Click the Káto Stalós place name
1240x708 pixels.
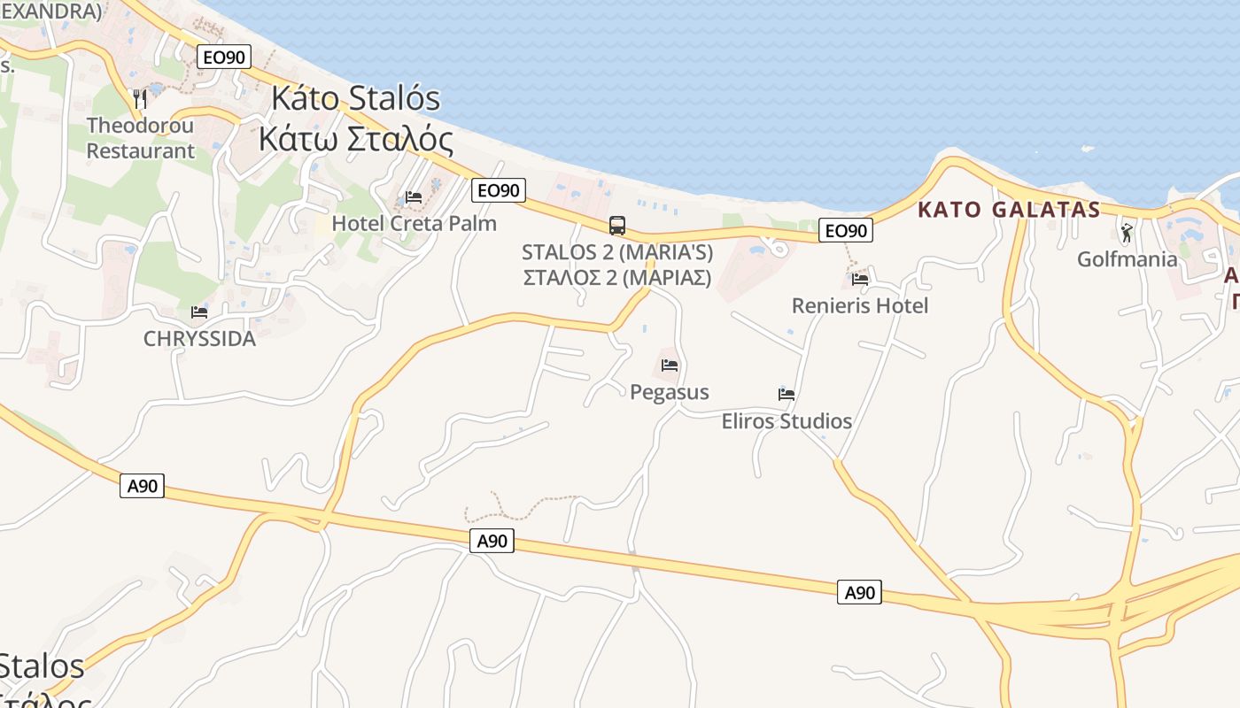click(355, 98)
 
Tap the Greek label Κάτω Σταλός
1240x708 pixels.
click(355, 140)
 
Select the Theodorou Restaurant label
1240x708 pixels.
click(140, 138)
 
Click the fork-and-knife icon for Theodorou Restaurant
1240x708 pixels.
click(140, 98)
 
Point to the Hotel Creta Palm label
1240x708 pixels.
click(414, 223)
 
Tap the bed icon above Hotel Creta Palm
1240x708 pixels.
click(414, 196)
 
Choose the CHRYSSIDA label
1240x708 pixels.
click(199, 338)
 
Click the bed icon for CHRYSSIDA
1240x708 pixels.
click(199, 312)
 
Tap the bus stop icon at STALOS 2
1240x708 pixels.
click(617, 226)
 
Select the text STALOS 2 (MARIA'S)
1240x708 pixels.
click(617, 252)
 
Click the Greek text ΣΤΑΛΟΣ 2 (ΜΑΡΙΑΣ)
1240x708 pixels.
click(617, 277)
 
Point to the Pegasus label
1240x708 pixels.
click(670, 391)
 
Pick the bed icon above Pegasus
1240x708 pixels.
click(670, 365)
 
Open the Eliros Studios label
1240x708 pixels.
click(787, 420)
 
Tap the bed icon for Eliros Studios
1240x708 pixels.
click(787, 394)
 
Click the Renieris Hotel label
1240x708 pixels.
click(859, 305)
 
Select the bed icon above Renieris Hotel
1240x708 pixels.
click(859, 279)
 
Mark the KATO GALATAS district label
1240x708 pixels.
click(1009, 210)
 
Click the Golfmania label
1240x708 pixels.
click(1127, 259)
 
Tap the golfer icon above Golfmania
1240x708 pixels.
click(1127, 233)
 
